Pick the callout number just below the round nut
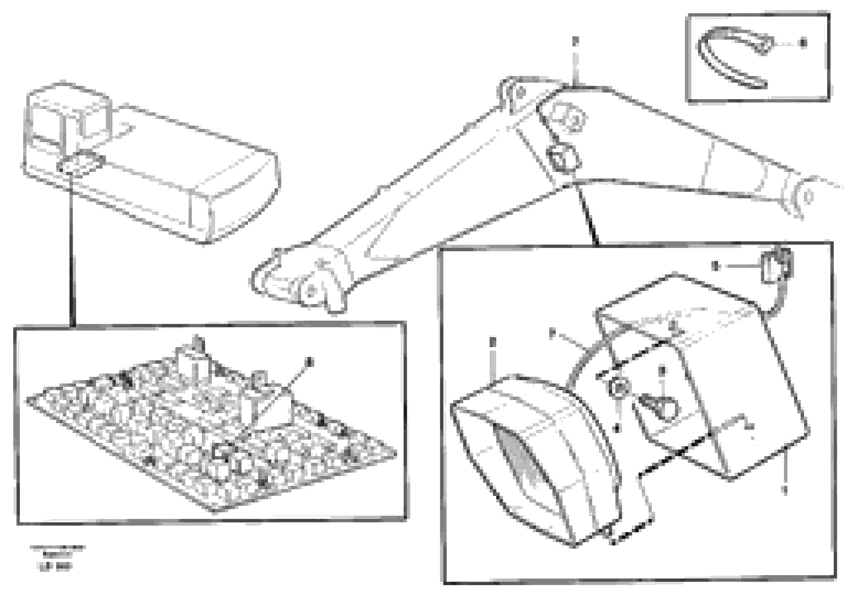tap(617, 428)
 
